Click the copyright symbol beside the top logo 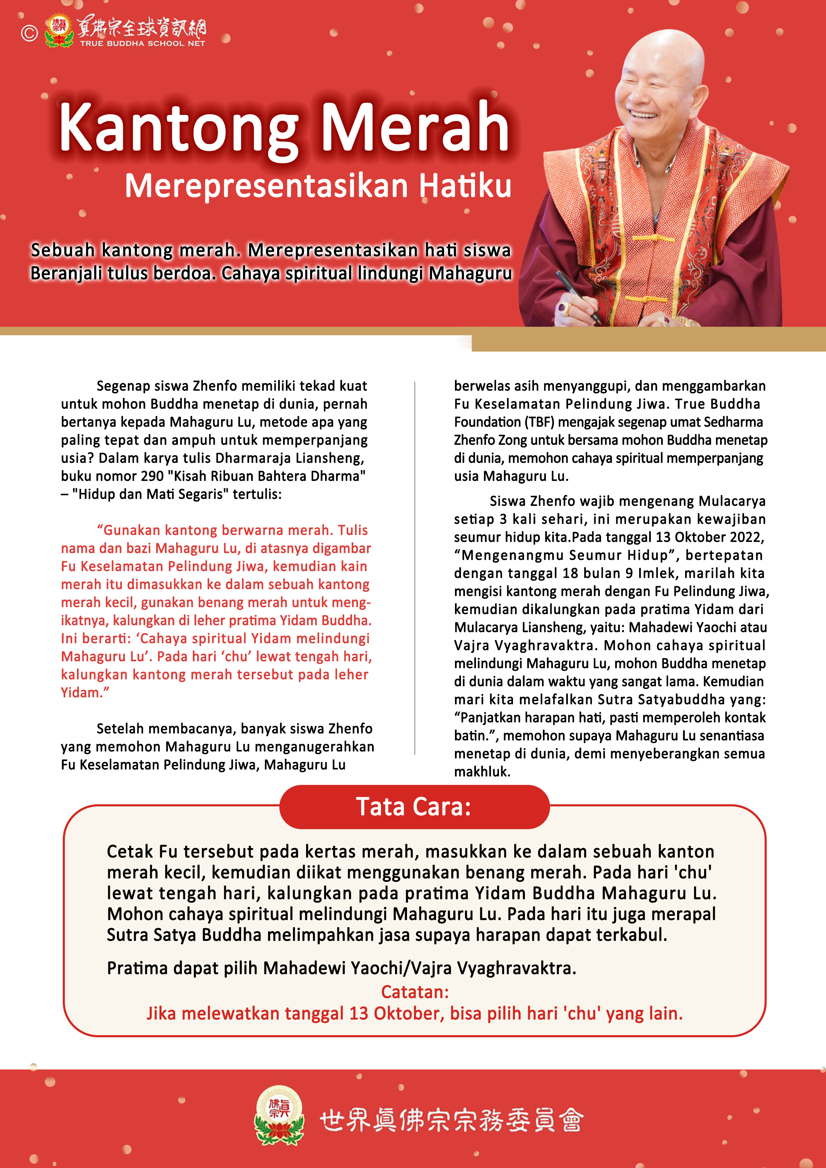29,33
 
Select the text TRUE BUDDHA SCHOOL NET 143,44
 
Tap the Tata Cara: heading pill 414,807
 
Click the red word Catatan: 415,991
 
